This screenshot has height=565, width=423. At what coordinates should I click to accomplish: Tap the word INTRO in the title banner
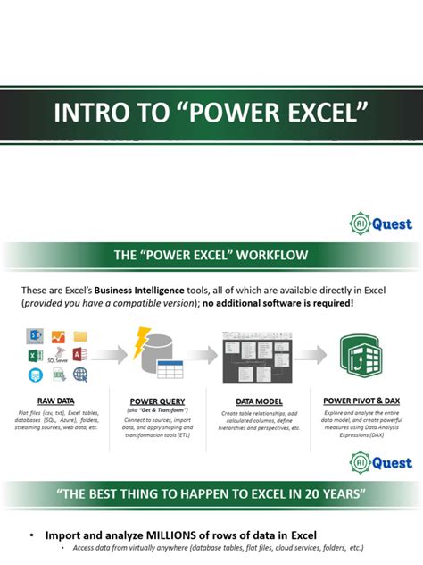(87, 114)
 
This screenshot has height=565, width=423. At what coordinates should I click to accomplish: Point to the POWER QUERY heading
(156, 401)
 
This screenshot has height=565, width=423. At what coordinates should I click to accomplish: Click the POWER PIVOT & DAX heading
(361, 401)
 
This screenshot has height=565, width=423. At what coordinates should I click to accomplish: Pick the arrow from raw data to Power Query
(106, 357)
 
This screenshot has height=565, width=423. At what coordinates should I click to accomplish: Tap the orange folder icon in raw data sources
(81, 337)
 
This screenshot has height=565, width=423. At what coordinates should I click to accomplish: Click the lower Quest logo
(381, 462)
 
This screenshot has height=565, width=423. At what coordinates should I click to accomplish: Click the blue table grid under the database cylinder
(170, 370)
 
